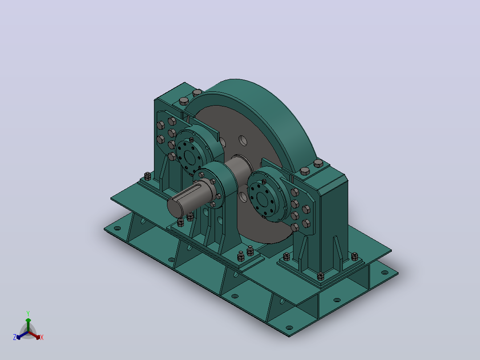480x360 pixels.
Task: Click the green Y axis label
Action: point(28,313)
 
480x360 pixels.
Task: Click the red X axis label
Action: point(42,337)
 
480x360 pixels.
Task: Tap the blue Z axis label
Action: point(15,337)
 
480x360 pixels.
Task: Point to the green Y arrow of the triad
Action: point(28,325)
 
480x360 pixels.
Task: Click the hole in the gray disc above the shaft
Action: point(243,141)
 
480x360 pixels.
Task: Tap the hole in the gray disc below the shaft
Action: point(243,196)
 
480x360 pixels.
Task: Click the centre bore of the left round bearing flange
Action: point(190,157)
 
